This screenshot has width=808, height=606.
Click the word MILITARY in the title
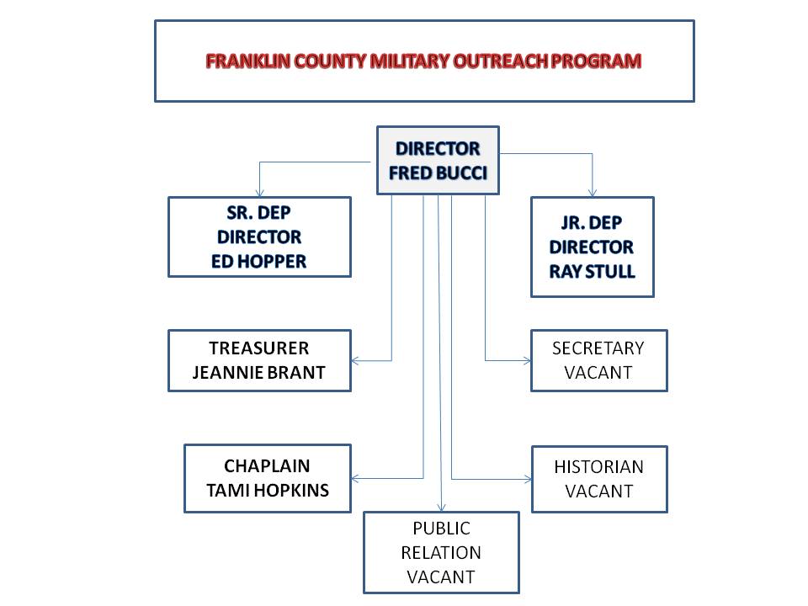410,61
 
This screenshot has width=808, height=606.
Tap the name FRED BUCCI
438,173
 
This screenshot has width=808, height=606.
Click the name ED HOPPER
258,261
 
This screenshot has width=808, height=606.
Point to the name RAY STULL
592,272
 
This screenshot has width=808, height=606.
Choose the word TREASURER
258,348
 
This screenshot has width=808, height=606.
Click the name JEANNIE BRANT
258,373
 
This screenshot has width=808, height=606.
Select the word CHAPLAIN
267,465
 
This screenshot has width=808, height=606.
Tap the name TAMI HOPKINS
268,490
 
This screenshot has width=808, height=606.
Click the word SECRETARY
598,348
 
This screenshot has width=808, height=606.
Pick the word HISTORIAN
598,467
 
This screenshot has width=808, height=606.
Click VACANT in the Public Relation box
441,577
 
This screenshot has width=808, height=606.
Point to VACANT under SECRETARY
598,373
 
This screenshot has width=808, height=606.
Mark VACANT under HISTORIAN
598,491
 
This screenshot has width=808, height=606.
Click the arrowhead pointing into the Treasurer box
354,361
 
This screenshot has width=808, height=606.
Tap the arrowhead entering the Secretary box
528,361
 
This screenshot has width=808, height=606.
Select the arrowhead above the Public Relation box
441,508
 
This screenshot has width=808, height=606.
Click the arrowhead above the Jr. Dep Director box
593,194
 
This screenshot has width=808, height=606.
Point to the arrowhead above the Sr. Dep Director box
260,194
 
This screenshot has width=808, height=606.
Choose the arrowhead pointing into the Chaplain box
354,479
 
